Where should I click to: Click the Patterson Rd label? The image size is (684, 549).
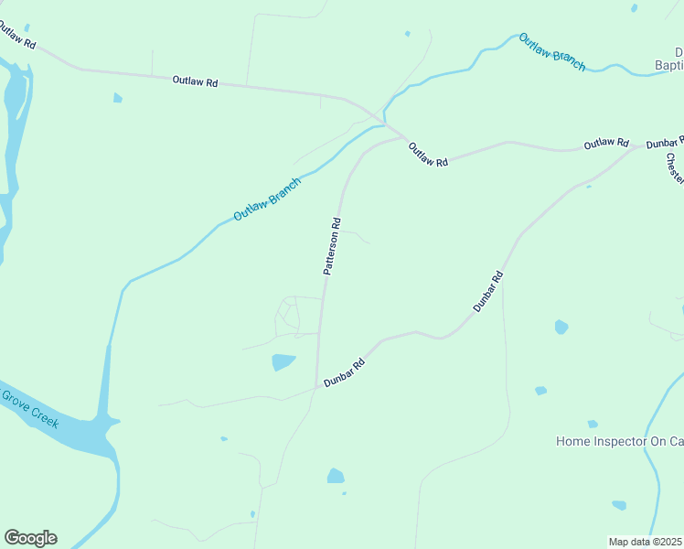(333, 246)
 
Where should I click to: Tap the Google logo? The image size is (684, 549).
(30, 538)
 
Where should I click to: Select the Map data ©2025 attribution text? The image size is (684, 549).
(646, 542)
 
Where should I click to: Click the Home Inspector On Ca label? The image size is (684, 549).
(619, 441)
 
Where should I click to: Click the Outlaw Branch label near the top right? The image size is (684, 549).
(551, 52)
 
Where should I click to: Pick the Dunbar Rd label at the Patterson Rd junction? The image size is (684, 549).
(345, 373)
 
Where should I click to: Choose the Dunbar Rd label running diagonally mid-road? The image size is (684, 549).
(488, 292)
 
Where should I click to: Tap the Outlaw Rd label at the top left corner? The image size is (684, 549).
(16, 36)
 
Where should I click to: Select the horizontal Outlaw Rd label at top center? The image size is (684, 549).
(195, 81)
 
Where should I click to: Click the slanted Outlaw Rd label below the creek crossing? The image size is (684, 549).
(428, 154)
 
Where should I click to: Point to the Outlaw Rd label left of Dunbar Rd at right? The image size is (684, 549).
(607, 144)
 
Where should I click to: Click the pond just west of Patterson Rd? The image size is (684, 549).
(283, 362)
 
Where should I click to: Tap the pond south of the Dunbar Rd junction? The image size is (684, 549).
(336, 476)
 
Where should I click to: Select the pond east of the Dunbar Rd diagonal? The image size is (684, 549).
(561, 327)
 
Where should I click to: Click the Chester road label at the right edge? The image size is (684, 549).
(674, 167)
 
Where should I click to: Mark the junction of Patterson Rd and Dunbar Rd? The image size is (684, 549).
(317, 387)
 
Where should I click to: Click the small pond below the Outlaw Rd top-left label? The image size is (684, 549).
(117, 97)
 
